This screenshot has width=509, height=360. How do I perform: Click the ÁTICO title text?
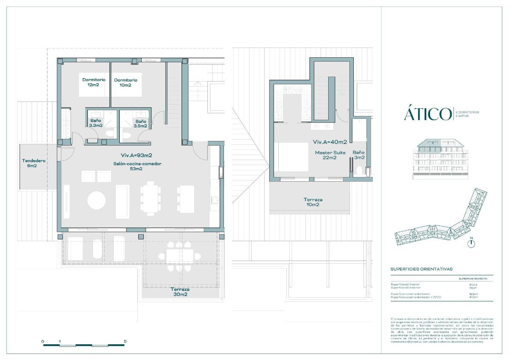pos(428,114)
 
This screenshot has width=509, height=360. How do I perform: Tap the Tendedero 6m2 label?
pos(34,163)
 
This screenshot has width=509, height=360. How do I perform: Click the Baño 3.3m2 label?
pos(96,123)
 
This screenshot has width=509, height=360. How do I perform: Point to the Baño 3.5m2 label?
pos(140,123)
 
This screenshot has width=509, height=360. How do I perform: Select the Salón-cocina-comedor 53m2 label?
pos(137,166)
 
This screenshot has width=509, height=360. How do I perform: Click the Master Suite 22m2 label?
pos(330,155)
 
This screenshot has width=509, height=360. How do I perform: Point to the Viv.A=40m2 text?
pos(330,142)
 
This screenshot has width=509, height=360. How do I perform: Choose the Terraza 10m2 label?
pos(313,202)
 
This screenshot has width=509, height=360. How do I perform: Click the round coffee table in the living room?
pos(97,200)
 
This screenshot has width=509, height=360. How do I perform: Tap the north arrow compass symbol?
pos(472,243)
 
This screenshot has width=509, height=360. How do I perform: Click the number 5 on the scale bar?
pos(125,341)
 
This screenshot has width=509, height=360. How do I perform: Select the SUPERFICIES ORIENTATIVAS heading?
pos(421,269)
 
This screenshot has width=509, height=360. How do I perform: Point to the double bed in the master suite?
pos(293,157)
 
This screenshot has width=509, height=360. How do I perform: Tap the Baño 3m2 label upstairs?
pos(358,155)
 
